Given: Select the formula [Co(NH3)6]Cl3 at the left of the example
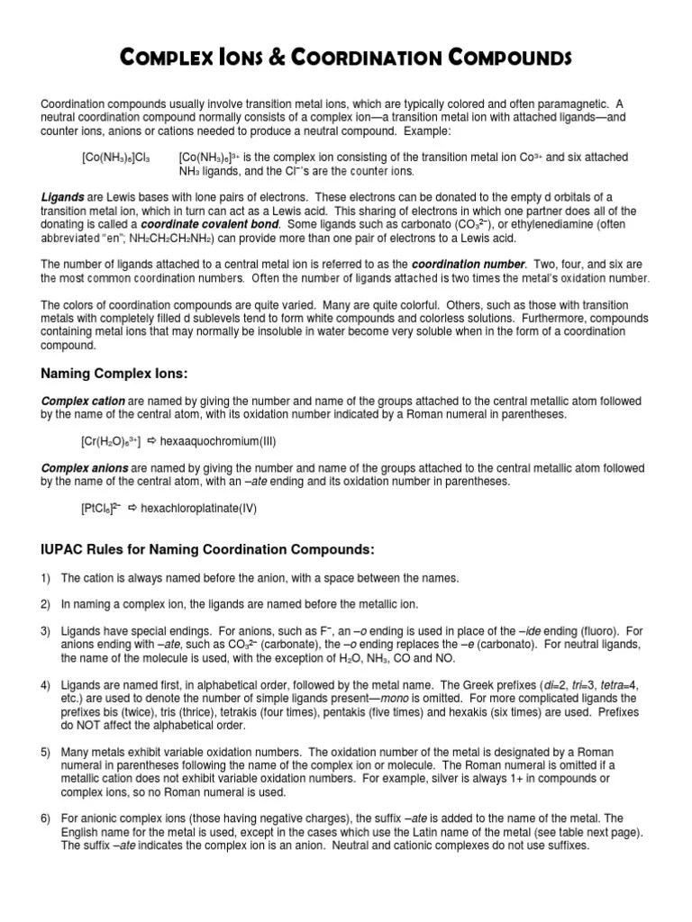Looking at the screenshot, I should pos(116,158).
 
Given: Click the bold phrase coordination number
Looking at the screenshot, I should pos(469,265).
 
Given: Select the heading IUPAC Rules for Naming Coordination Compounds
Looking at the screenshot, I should pos(206,549).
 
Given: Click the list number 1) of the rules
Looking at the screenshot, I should pos(46,578).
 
